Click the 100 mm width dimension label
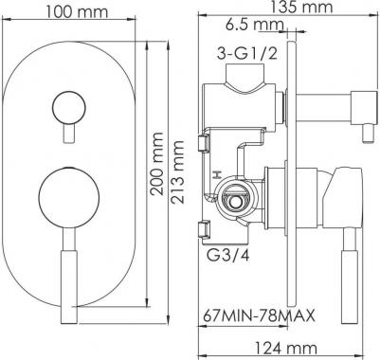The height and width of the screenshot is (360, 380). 77,12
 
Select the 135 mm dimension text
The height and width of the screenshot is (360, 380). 301,7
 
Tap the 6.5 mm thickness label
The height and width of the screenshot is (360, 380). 255,25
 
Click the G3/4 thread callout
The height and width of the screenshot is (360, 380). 227,255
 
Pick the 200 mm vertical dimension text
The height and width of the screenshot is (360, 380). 156,164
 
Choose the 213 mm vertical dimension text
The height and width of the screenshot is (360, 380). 177,172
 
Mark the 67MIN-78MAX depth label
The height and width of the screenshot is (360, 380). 259,315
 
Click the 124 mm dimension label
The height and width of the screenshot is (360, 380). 286,349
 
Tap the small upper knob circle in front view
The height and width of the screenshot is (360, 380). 68,107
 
